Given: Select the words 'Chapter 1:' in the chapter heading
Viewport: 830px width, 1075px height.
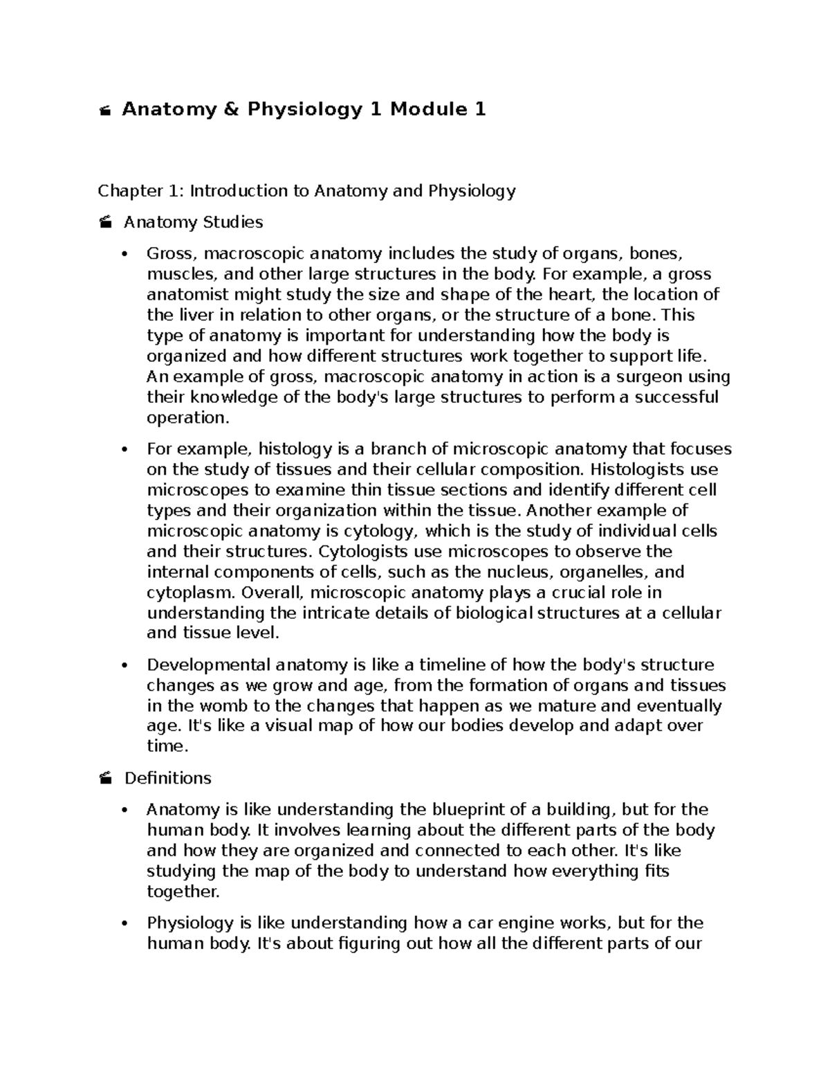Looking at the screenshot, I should (x=141, y=190).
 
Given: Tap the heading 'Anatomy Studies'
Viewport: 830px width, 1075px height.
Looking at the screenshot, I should (x=193, y=222).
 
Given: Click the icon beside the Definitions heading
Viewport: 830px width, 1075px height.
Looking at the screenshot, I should (x=105, y=779).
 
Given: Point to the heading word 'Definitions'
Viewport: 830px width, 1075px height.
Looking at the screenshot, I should (x=167, y=778).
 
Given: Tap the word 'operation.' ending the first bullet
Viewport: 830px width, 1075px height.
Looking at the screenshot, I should (x=187, y=418).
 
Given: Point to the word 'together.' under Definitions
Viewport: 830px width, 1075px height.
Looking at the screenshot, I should (x=183, y=892).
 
